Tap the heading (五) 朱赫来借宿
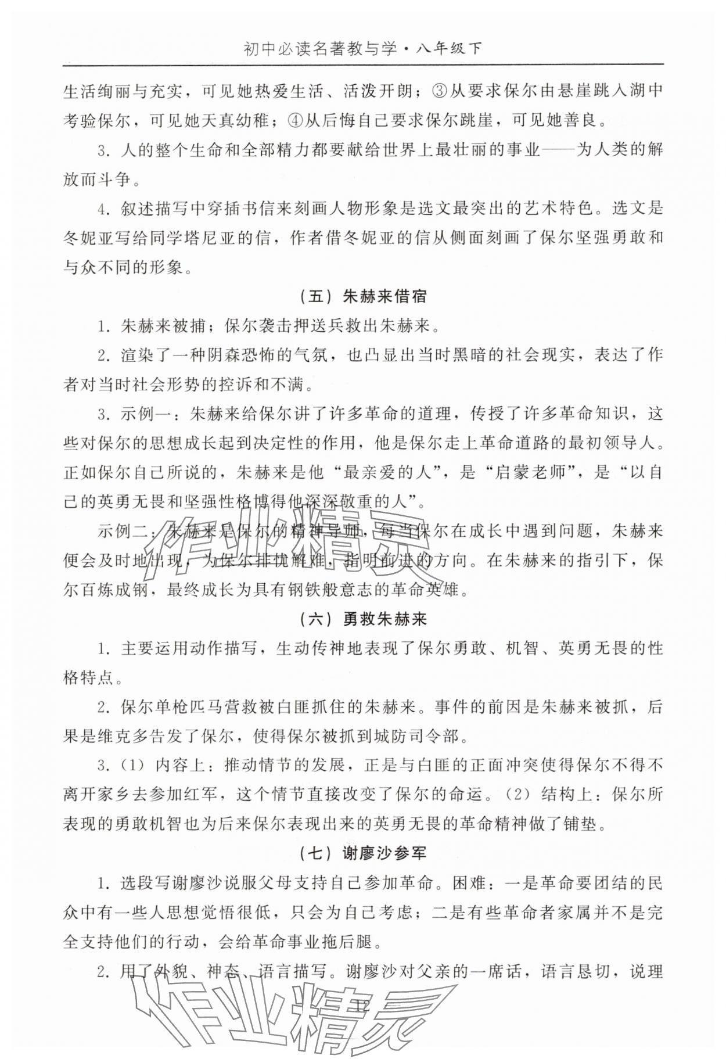click(x=364, y=297)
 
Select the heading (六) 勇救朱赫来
click(x=364, y=619)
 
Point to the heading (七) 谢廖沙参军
click(x=364, y=853)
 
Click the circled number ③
click(x=440, y=91)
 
